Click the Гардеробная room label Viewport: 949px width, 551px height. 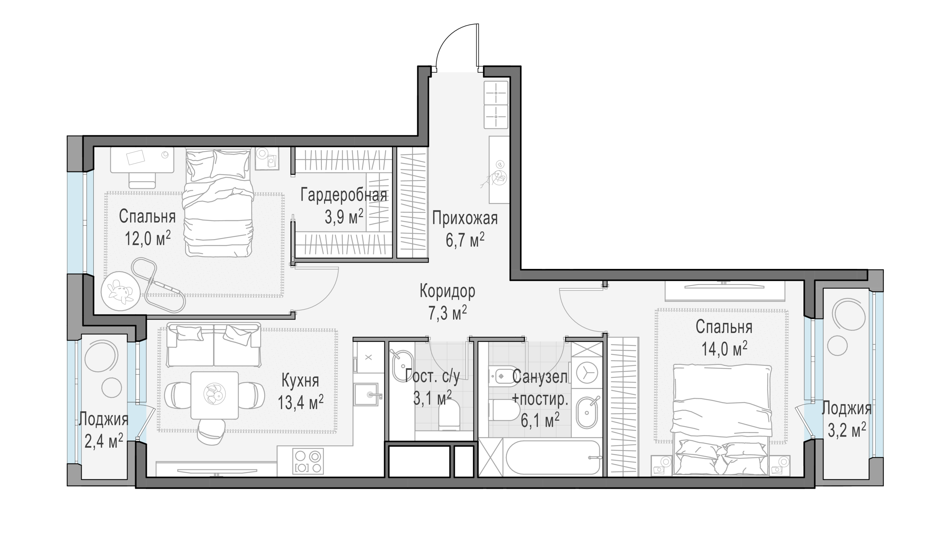(x=344, y=196)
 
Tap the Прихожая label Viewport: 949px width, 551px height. (x=465, y=218)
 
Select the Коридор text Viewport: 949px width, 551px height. (x=447, y=291)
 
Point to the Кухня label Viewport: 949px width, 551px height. (x=300, y=381)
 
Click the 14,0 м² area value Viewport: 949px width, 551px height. (x=724, y=349)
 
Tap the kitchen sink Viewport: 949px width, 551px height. (x=366, y=394)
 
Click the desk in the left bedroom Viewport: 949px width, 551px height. (x=142, y=160)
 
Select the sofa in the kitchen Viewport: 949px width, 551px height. (x=214, y=344)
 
